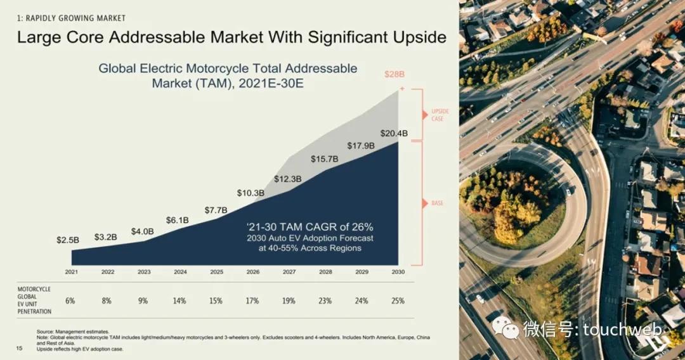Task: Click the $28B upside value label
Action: [x=395, y=74]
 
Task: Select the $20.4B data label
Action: [x=394, y=133]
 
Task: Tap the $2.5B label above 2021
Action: [x=68, y=240]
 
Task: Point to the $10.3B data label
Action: [x=251, y=193]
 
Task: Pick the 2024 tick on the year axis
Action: [x=180, y=272]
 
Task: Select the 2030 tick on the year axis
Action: [x=398, y=272]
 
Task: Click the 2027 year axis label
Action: [x=289, y=272]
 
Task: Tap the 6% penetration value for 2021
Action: [x=70, y=300]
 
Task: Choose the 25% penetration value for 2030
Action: [x=398, y=300]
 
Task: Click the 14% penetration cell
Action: [x=180, y=300]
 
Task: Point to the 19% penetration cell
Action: [x=289, y=300]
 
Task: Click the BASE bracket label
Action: [x=438, y=203]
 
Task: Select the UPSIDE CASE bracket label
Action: [x=440, y=115]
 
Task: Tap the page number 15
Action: [x=19, y=349]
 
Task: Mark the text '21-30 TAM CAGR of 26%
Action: [x=309, y=226]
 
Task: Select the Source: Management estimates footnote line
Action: [x=73, y=331]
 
